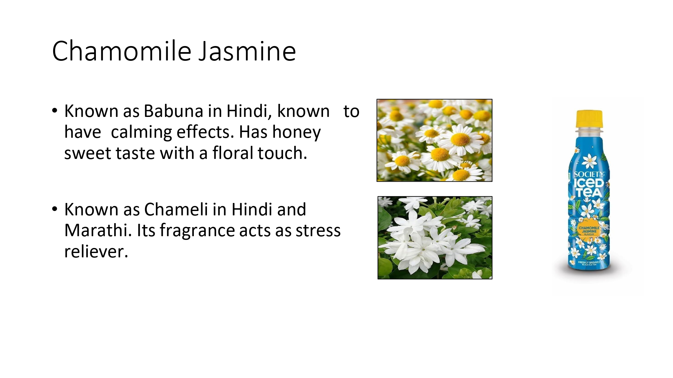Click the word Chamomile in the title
[122, 51]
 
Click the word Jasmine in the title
[247, 51]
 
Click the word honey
[296, 132]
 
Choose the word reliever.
[96, 251]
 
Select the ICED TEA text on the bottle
[589, 188]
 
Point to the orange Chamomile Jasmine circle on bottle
[589, 230]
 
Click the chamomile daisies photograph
[434, 140]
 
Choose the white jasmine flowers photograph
[435, 238]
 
